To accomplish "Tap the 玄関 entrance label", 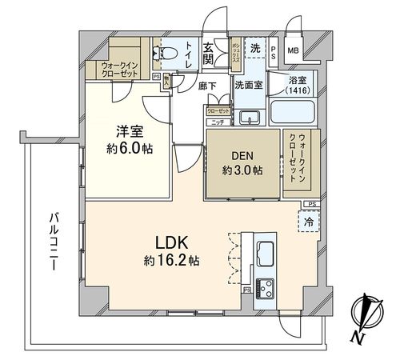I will click(208, 49).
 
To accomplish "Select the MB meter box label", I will click(293, 51).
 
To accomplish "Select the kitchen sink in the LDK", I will click(264, 254).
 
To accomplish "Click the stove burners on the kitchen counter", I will click(265, 286).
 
